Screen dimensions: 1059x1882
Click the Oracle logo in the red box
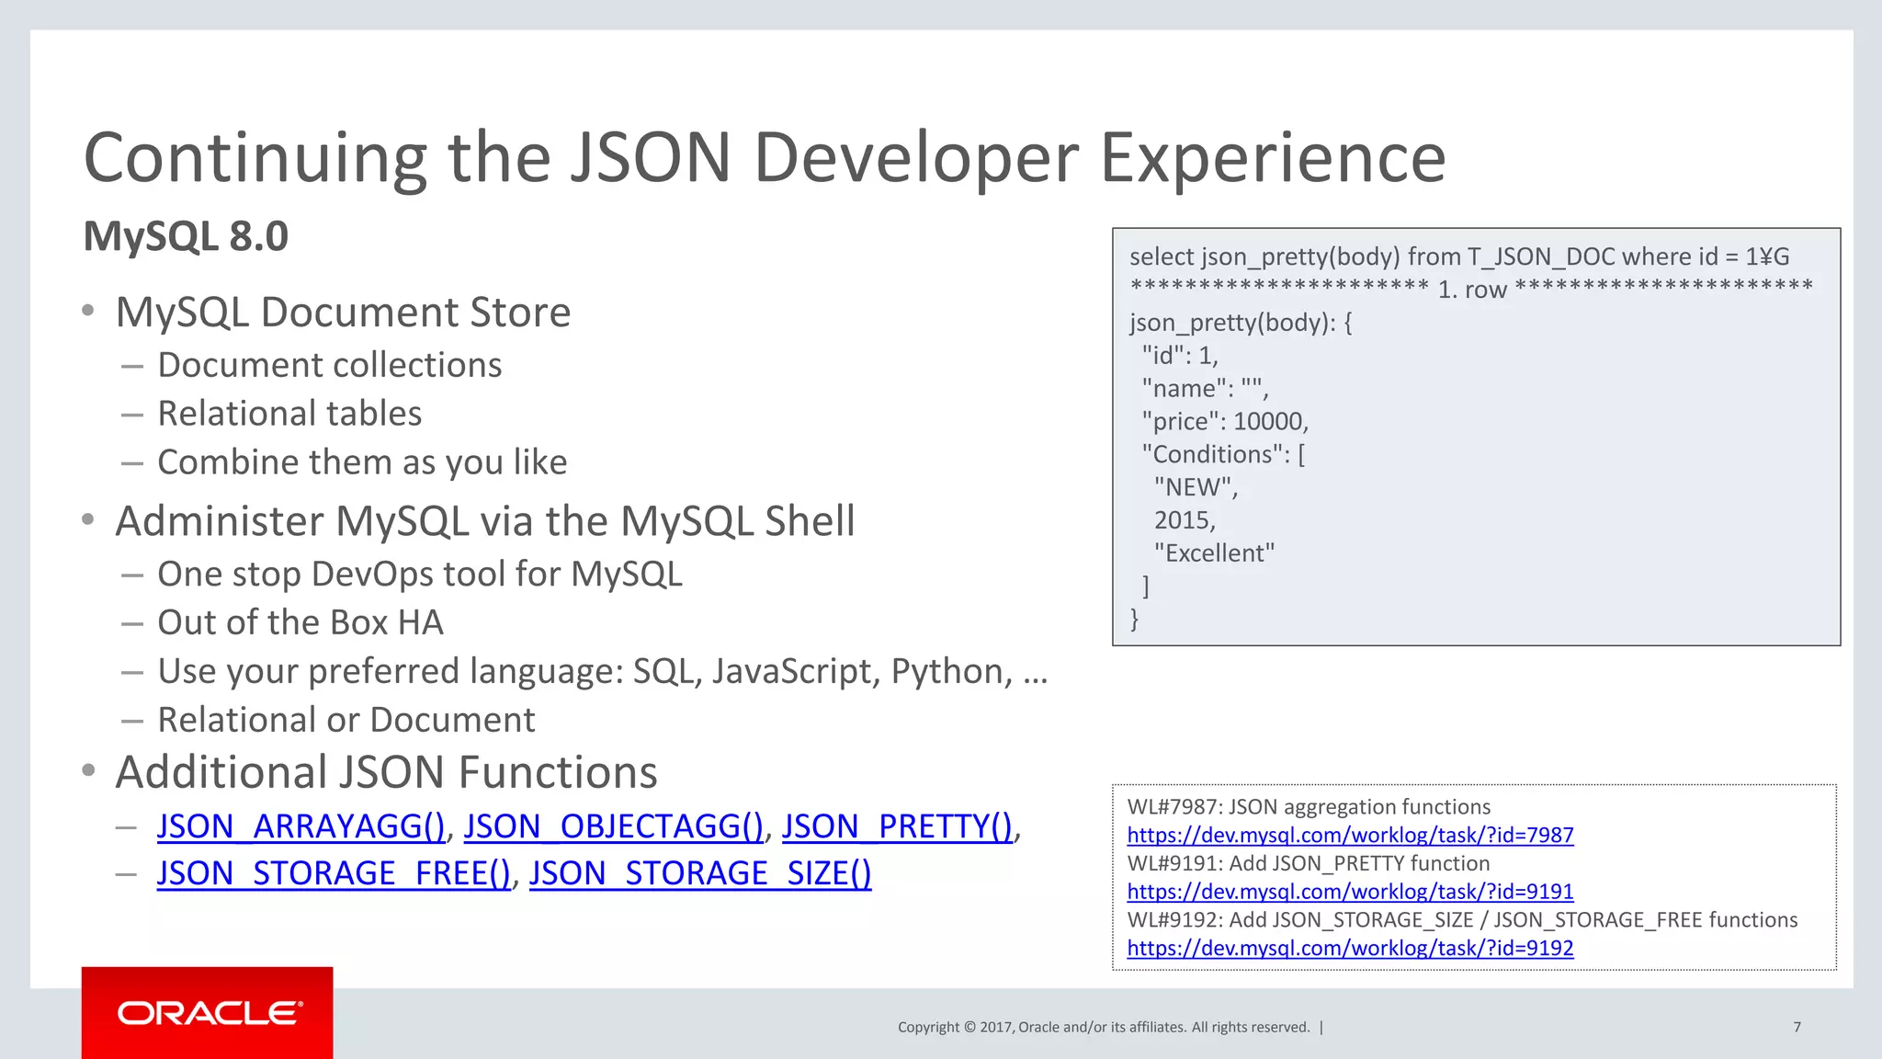pos(209,1013)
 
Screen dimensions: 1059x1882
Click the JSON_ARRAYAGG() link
pos(300,826)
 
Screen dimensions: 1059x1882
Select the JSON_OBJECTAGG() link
pos(613,826)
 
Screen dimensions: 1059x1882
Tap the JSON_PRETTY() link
pos(897,826)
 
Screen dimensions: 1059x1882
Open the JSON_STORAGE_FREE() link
pos(333,873)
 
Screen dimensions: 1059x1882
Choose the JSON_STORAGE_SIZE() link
pos(699,873)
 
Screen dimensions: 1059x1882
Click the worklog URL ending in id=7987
pos(1350,835)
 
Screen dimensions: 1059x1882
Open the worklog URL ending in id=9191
pos(1350,892)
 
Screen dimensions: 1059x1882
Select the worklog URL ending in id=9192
pos(1350,948)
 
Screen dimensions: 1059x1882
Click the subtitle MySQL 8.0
pos(186,236)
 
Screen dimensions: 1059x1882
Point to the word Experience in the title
pos(1273,158)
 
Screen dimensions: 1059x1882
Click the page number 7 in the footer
pos(1797,1027)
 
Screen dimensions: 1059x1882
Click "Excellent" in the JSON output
pos(1214,553)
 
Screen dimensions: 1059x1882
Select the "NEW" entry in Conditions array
pos(1195,487)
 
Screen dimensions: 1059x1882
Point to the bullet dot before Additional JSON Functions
pos(88,770)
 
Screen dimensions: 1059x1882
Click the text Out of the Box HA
pos(300,622)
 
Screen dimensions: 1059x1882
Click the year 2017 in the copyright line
pos(996,1027)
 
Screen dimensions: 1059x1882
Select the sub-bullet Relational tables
pos(289,414)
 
